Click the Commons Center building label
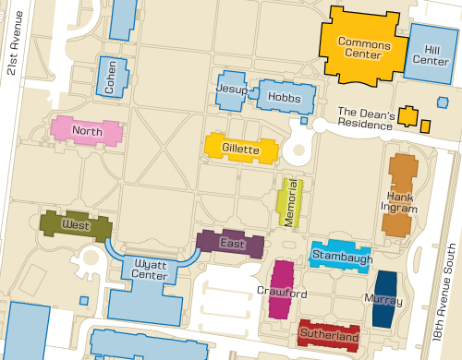[x=363, y=48]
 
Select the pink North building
[x=87, y=131]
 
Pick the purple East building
[x=231, y=244]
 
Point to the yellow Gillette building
[x=240, y=149]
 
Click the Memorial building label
[x=290, y=202]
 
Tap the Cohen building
[x=111, y=78]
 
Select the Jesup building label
[x=232, y=89]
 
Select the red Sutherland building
[x=328, y=337]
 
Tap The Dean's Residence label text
[x=366, y=115]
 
